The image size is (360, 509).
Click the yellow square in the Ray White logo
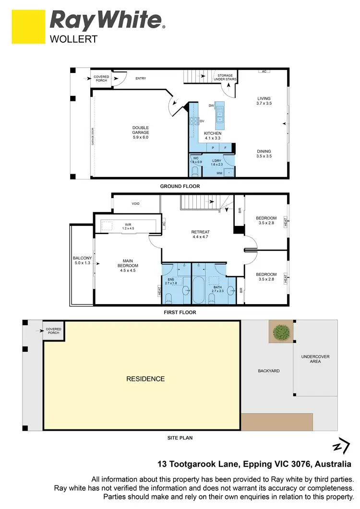click(x=28, y=27)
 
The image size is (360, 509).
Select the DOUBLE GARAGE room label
click(x=141, y=132)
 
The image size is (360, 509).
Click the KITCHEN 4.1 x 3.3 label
click(x=213, y=136)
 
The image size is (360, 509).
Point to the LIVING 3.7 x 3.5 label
click(x=264, y=101)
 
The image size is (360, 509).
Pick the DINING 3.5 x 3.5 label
click(x=264, y=154)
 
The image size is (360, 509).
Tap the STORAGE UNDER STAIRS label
click(x=225, y=78)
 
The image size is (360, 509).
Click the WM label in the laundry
click(x=219, y=173)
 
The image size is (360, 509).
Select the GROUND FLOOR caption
click(x=180, y=186)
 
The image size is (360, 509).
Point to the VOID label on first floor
click(x=135, y=204)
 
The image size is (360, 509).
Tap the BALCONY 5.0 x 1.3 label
click(x=82, y=260)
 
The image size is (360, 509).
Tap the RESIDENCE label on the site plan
click(x=145, y=379)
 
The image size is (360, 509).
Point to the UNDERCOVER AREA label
click(x=315, y=359)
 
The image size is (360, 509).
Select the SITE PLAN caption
click(x=180, y=438)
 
